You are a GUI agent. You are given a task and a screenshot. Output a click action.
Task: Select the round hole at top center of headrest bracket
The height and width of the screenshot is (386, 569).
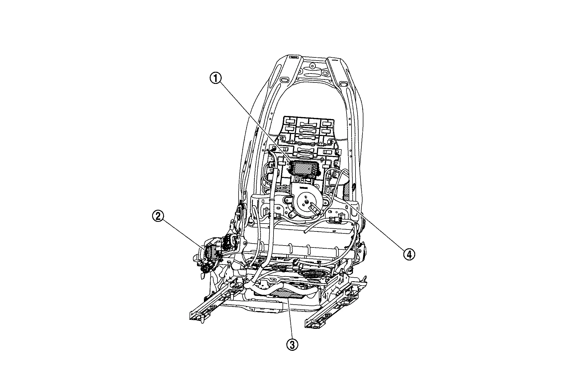coord(312,66)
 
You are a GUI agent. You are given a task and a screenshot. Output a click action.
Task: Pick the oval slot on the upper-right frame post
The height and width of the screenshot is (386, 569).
coord(344,83)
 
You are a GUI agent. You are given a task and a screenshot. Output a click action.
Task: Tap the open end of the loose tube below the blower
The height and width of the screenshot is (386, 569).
coord(305,233)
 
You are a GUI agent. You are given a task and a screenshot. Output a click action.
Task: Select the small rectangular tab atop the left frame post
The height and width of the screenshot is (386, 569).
coord(293,57)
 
